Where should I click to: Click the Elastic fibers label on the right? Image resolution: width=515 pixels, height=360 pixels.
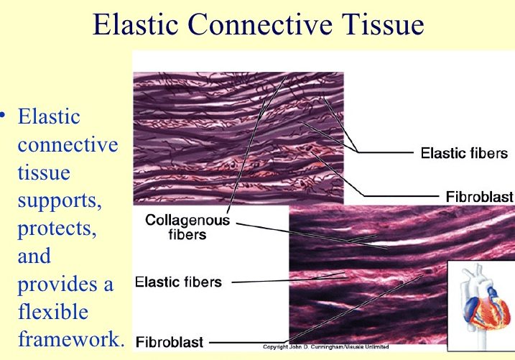pos(463,153)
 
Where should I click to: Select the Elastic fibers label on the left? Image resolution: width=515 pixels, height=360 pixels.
pos(179,281)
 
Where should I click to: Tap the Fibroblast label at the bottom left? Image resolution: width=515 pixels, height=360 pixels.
pos(170,342)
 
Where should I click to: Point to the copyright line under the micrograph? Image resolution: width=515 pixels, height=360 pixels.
pos(335,346)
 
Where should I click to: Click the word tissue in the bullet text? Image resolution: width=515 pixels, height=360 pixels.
pos(44,173)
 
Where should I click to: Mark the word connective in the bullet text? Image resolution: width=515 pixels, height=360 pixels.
pos(67,144)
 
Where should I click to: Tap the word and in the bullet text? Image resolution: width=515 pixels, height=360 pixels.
pos(34,256)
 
